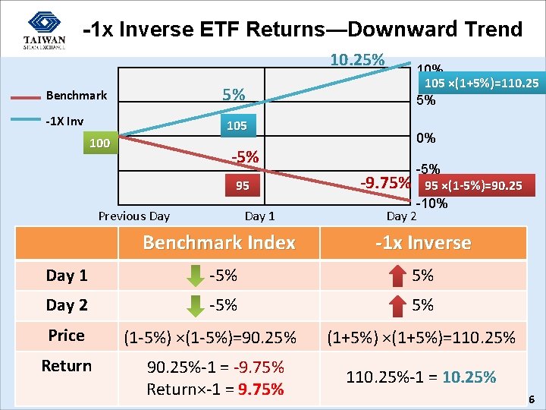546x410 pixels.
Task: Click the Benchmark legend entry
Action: pos(76,96)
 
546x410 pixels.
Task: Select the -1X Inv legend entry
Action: pos(64,121)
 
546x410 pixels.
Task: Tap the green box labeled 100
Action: pos(99,143)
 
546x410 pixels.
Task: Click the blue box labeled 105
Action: pos(237,125)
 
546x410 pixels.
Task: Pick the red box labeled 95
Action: pos(242,185)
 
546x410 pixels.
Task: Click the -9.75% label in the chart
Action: pos(384,182)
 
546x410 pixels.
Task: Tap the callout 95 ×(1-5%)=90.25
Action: pos(473,185)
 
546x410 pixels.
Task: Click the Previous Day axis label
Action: pos(134,216)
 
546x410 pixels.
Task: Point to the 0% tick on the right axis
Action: pos(426,138)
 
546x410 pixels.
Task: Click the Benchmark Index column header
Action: pos(218,243)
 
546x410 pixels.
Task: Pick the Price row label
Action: pos(67,336)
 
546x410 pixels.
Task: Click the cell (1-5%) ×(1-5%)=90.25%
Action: pos(218,336)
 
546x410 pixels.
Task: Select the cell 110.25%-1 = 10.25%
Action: pos(421,377)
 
